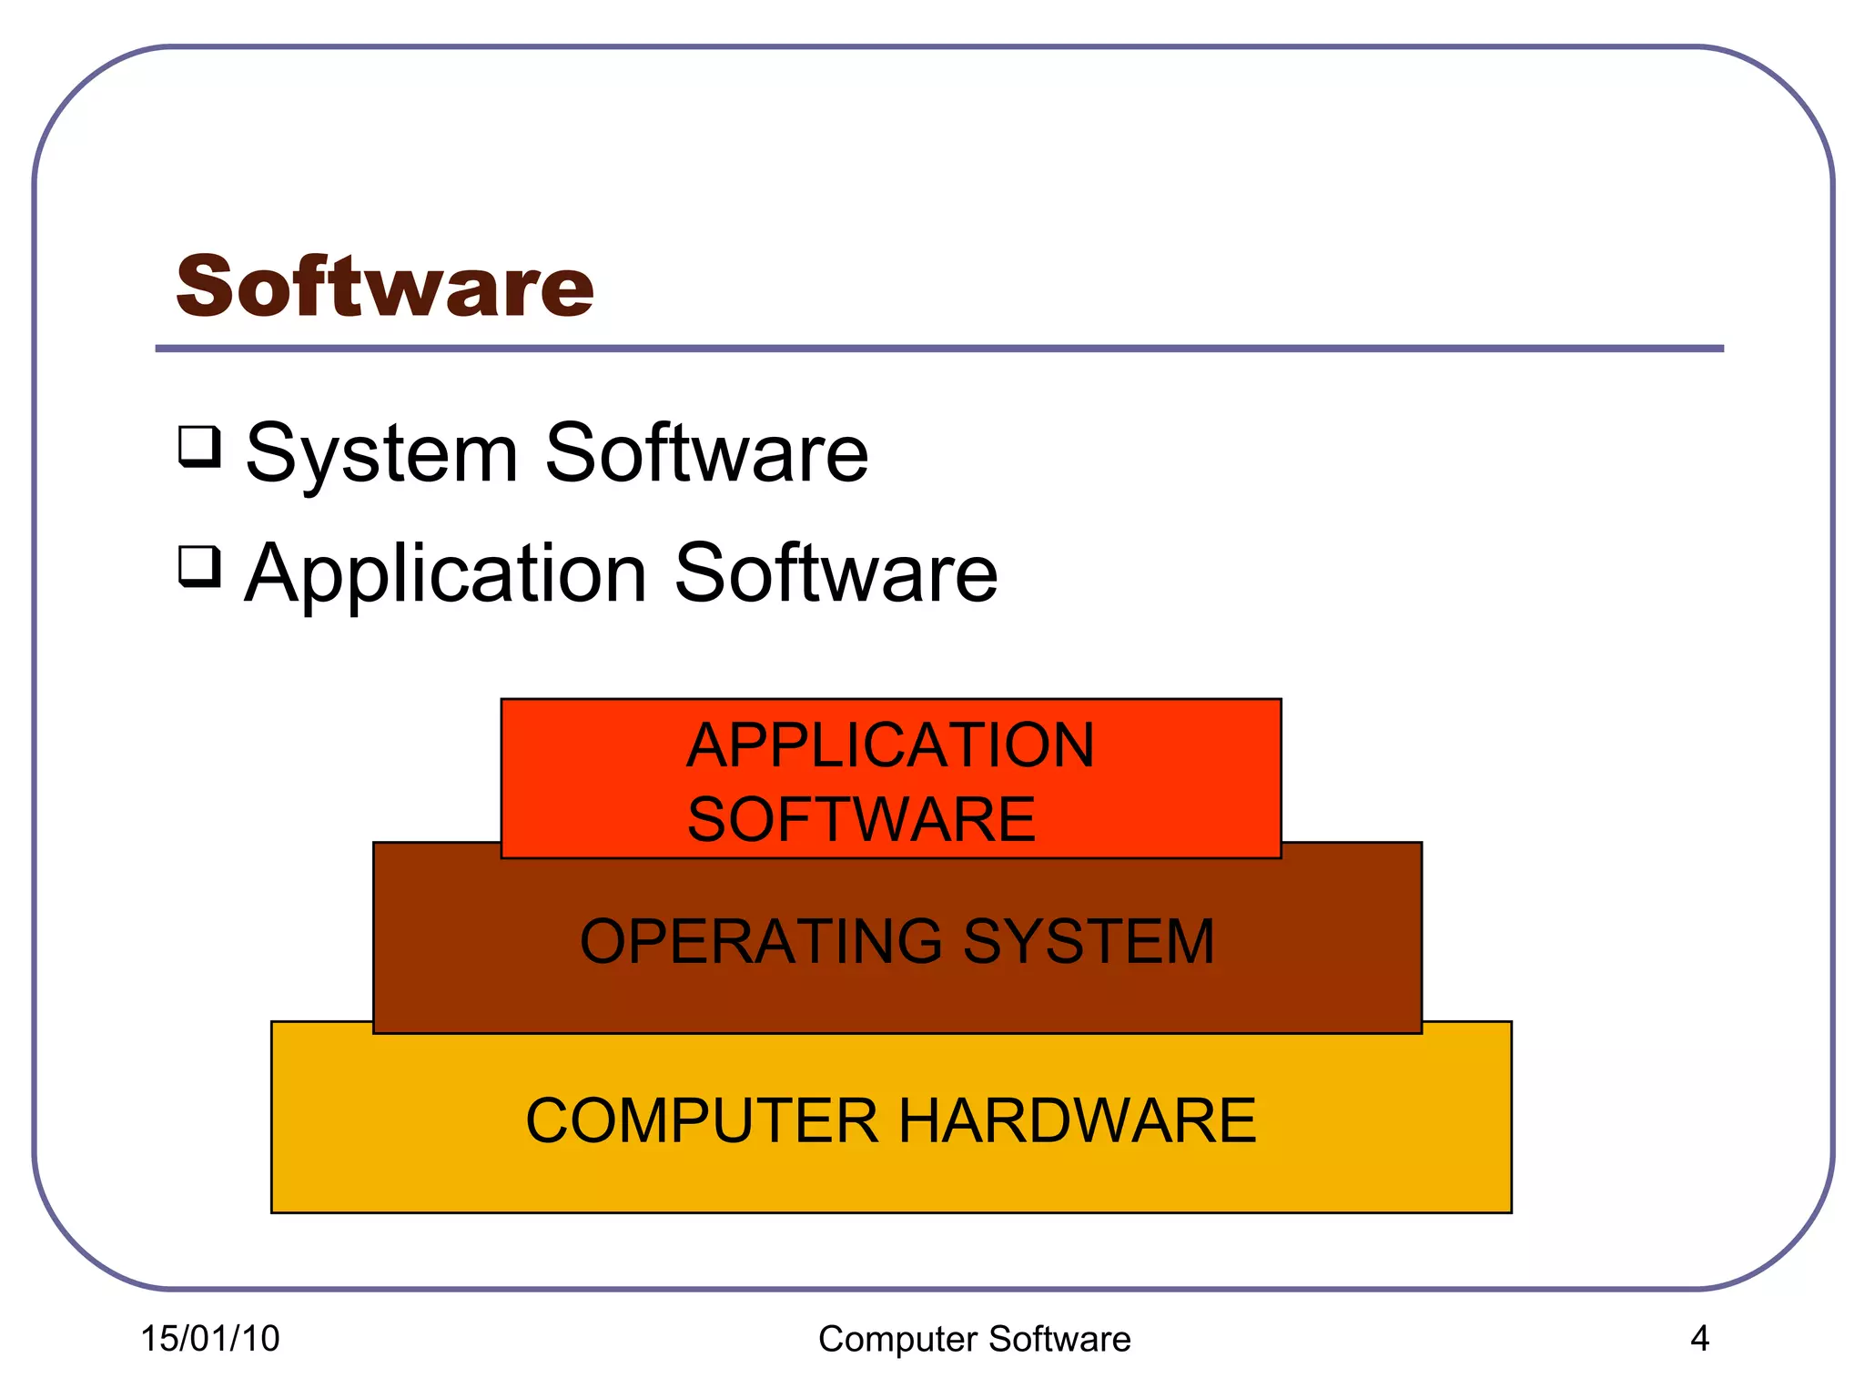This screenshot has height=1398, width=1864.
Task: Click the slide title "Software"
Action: click(x=385, y=287)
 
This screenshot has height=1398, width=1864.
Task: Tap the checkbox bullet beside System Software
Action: click(x=199, y=446)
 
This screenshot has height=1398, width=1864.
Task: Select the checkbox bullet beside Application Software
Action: click(x=199, y=566)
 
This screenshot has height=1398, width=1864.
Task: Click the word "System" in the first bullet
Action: click(x=382, y=455)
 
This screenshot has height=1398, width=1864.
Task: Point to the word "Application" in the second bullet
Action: click(x=446, y=575)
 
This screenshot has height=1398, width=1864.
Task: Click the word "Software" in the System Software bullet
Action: click(x=706, y=453)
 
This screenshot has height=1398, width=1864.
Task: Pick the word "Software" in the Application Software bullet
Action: click(x=836, y=573)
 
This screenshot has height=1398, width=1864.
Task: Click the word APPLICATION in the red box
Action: click(x=890, y=745)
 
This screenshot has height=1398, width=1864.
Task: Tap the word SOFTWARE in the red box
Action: click(x=861, y=819)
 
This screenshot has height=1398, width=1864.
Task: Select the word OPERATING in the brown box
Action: click(x=761, y=941)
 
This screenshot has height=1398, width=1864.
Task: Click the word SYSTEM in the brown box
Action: click(x=1089, y=941)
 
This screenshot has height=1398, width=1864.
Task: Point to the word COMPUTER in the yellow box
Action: click(x=702, y=1120)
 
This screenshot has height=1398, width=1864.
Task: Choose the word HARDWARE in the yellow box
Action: click(x=1078, y=1120)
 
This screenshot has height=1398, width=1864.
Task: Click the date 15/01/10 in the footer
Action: click(x=210, y=1339)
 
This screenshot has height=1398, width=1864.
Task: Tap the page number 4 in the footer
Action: click(x=1699, y=1339)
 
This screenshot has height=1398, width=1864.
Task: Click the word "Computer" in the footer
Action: click(x=897, y=1340)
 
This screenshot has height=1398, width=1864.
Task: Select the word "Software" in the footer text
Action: click(x=1059, y=1340)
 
